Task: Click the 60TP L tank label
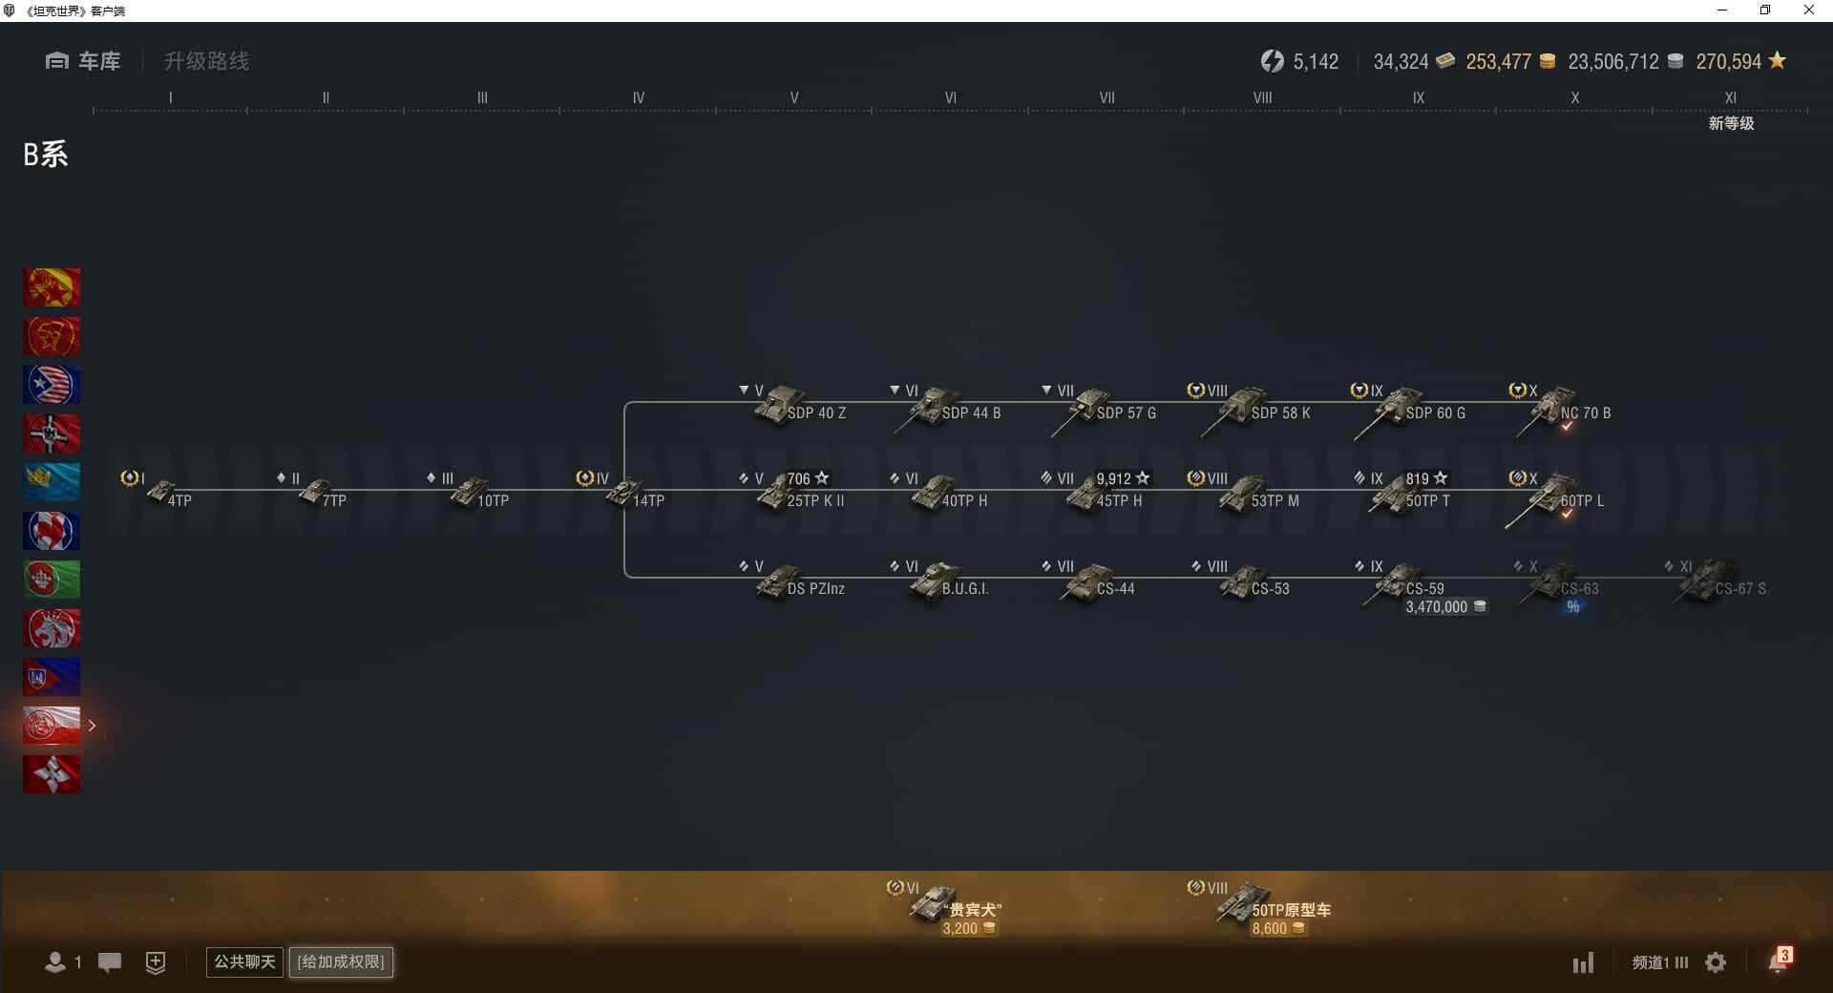[x=1582, y=500]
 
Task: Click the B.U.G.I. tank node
[x=949, y=582]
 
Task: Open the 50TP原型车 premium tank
[x=1274, y=904]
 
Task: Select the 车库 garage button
[x=83, y=61]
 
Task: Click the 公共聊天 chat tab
[x=244, y=961]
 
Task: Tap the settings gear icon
[x=1716, y=962]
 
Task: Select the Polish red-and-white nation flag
[x=52, y=726]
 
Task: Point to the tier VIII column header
[x=1262, y=97]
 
